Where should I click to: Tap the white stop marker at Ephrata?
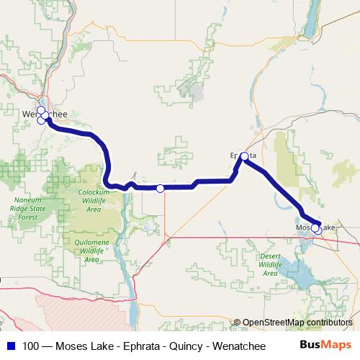coord(244,156)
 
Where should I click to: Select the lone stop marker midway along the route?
coord(160,189)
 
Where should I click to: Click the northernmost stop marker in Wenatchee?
coord(41,110)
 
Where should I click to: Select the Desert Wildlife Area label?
coord(270,264)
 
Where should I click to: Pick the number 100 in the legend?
coord(32,346)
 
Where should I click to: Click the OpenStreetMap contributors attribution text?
coord(297,322)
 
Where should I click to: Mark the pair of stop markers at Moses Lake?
coord(316,229)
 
